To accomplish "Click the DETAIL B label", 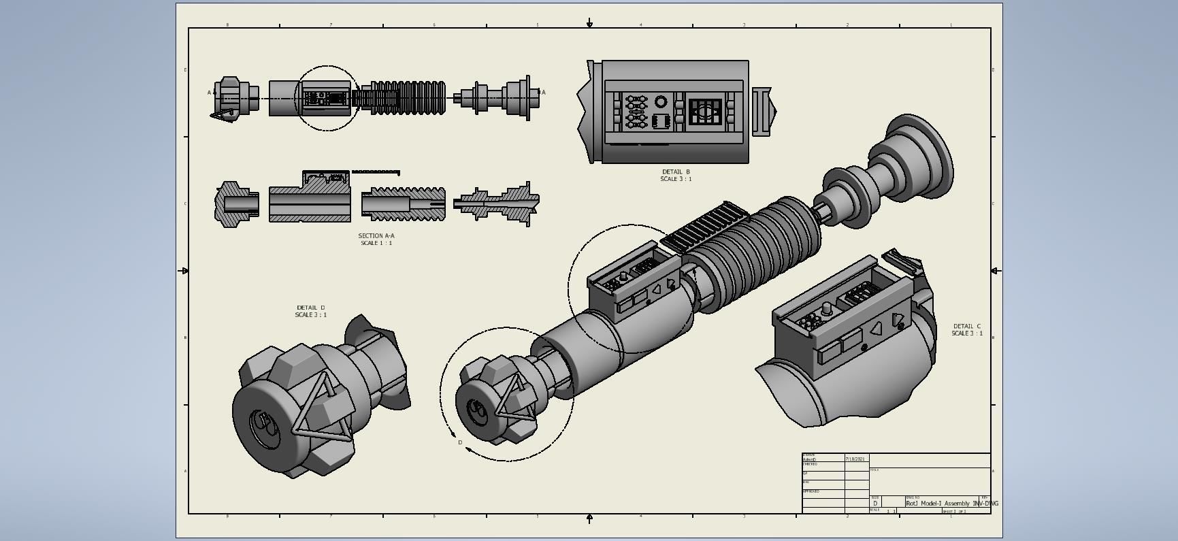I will [x=675, y=172].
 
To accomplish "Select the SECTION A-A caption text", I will [x=376, y=236].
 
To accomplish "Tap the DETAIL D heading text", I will [x=310, y=308].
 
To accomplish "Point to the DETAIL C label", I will [x=966, y=327].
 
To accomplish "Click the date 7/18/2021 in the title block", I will [x=855, y=459].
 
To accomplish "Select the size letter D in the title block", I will [x=875, y=504].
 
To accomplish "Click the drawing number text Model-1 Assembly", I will [x=945, y=504].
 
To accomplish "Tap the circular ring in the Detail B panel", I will [x=661, y=102].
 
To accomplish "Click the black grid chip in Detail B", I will [x=704, y=112].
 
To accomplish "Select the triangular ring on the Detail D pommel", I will [x=320, y=408].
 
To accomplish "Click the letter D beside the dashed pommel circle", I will [x=460, y=443].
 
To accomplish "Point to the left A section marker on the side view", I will [x=210, y=93].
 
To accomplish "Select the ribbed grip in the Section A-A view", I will [x=404, y=204].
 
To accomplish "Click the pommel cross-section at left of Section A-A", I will [x=235, y=203].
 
